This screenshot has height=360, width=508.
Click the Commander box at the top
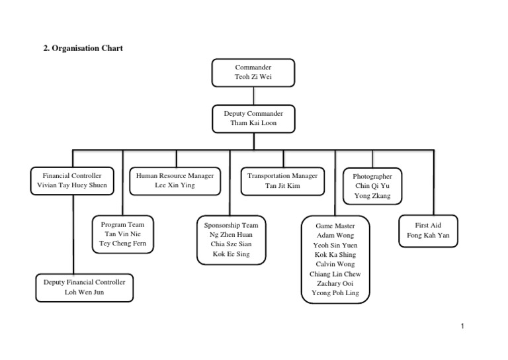[x=253, y=72]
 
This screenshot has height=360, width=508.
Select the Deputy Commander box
[x=253, y=118]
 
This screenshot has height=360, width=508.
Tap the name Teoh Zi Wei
[x=253, y=77]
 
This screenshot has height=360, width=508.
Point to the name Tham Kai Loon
[x=253, y=124]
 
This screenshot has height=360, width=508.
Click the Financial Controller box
[x=72, y=181]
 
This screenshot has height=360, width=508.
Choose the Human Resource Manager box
[x=175, y=181]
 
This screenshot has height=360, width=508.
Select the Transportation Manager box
[x=282, y=181]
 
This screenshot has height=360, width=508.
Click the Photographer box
[x=372, y=186]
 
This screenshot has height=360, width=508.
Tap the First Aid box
[x=428, y=230]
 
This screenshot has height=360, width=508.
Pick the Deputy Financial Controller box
[x=84, y=287]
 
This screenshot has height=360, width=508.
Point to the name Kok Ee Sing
[x=232, y=254]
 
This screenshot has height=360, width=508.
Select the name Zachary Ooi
[x=335, y=283]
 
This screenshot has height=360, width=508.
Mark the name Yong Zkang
[x=372, y=196]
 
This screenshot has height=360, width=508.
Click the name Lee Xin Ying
[x=175, y=186]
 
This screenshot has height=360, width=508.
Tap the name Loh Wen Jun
[x=84, y=292]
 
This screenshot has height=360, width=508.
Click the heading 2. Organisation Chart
[x=83, y=48]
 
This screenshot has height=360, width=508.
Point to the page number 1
[x=462, y=326]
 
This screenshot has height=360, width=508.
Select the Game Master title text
[x=335, y=226]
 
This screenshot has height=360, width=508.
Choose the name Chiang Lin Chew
[x=335, y=274]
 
